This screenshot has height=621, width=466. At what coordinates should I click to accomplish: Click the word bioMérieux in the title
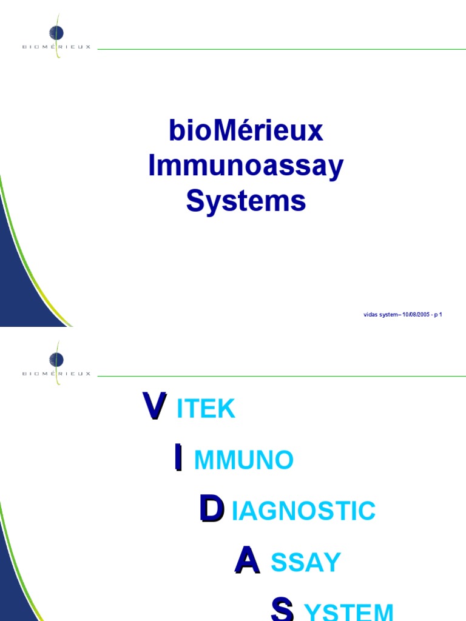point(246,132)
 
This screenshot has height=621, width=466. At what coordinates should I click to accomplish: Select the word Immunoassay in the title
point(246,167)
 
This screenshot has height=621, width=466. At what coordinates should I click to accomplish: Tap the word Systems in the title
point(246,201)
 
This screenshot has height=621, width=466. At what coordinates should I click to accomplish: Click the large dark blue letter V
point(154,406)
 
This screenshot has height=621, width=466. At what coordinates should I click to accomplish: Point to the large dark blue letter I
point(178,457)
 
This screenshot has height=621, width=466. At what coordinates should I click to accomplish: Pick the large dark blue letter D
point(211,509)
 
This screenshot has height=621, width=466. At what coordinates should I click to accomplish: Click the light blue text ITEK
point(206,409)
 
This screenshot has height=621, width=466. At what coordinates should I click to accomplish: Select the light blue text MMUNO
point(244,461)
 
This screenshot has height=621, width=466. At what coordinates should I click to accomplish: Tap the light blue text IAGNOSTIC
point(304,511)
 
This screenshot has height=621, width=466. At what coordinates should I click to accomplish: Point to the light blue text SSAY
point(306,563)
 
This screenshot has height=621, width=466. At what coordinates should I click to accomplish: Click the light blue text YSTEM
point(349,611)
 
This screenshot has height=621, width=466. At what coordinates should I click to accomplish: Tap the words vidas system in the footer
point(380,315)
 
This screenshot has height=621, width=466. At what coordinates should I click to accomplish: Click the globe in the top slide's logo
point(57,33)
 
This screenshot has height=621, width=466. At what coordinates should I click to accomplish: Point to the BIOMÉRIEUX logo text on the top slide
point(56,47)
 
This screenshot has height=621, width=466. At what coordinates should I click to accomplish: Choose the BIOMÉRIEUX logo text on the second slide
point(56,374)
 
